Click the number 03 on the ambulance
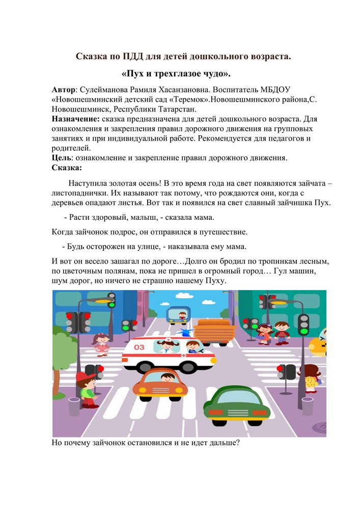(139, 347)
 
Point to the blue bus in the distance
(178, 313)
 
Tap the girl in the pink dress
(101, 344)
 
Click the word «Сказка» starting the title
(93, 56)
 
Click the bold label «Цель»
(61, 158)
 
